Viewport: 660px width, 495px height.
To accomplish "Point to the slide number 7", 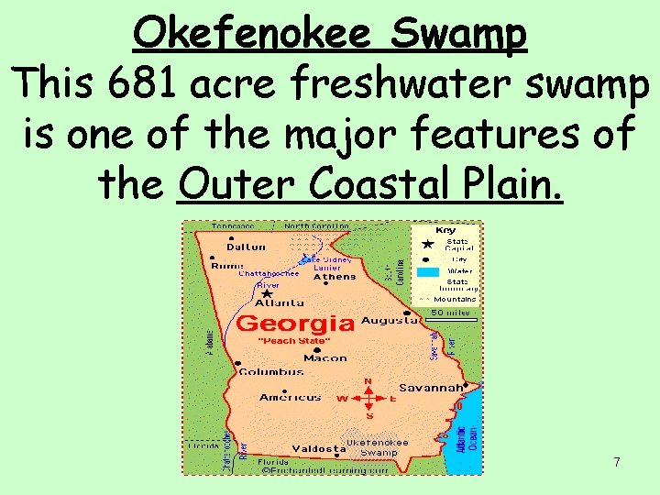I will pyautogui.click(x=617, y=462).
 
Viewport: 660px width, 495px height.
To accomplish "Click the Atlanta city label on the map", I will pyautogui.click(x=280, y=302).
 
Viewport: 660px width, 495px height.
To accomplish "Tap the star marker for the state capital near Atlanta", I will pyautogui.click(x=265, y=293).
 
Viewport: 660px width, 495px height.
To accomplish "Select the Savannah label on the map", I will pyautogui.click(x=430, y=388).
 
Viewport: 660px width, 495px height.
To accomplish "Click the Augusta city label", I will pyautogui.click(x=389, y=321).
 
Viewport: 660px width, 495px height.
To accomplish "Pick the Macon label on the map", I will pyautogui.click(x=324, y=358).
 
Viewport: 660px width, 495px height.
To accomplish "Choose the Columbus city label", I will pyautogui.click(x=270, y=371).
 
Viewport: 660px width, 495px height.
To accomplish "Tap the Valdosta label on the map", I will pyautogui.click(x=318, y=448).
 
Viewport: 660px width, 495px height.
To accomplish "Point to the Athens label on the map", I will pyautogui.click(x=335, y=276).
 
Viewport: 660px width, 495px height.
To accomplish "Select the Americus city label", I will pyautogui.click(x=290, y=397).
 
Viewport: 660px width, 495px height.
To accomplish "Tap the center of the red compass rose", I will pyautogui.click(x=368, y=398).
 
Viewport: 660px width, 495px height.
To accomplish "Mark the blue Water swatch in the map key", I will pyautogui.click(x=427, y=271).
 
